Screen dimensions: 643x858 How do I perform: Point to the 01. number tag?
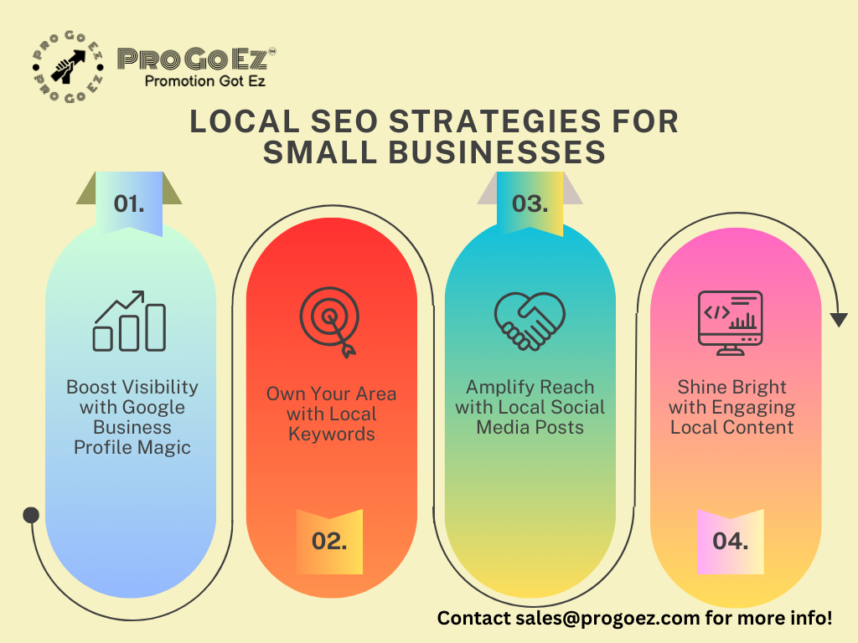pyautogui.click(x=129, y=203)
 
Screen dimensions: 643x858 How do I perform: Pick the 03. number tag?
pyautogui.click(x=530, y=203)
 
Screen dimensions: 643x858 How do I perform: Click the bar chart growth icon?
pyautogui.click(x=130, y=321)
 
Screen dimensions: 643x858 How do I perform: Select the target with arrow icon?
pyautogui.click(x=329, y=323)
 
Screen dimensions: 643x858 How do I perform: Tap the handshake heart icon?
pyautogui.click(x=530, y=321)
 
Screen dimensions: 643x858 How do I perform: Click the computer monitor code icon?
pyautogui.click(x=730, y=323)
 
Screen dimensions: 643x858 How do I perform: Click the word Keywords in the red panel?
pyautogui.click(x=331, y=434)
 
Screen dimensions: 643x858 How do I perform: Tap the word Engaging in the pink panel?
pyautogui.click(x=751, y=408)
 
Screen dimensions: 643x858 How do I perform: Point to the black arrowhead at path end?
pyautogui.click(x=839, y=320)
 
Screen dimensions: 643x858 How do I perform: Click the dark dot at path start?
pyautogui.click(x=31, y=515)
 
